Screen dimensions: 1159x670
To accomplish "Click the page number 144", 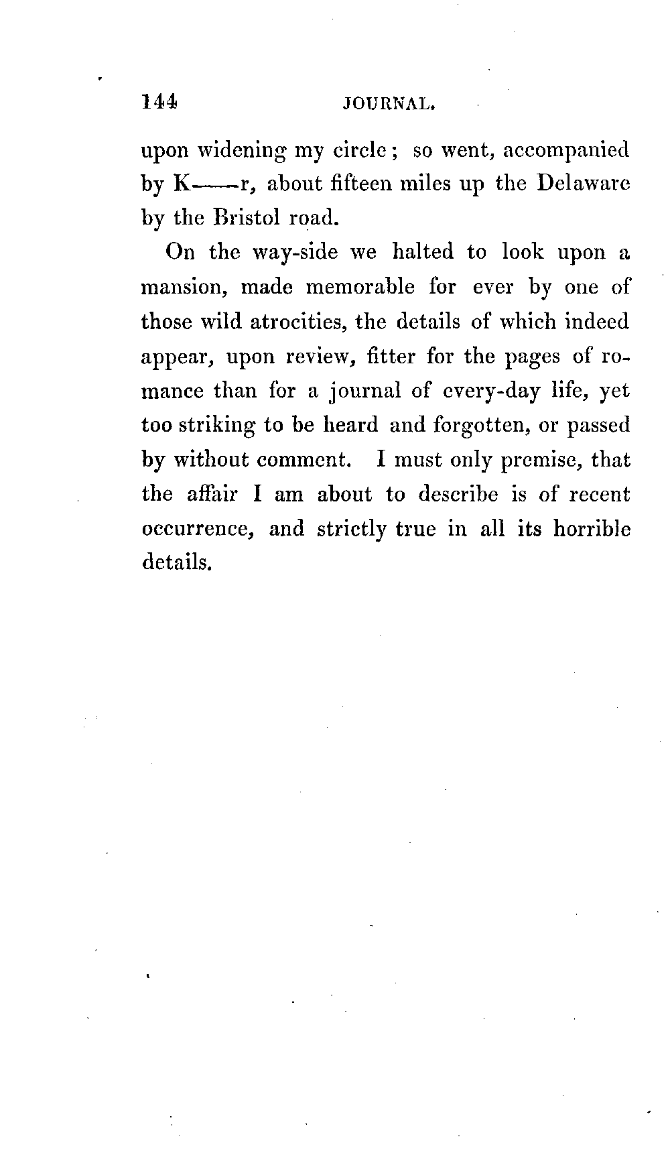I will (159, 102).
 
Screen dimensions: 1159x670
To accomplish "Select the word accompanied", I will (566, 150).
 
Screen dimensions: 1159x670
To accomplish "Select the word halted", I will (423, 253).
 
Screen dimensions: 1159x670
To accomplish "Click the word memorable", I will (360, 288).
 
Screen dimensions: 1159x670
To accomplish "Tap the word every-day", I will (488, 391).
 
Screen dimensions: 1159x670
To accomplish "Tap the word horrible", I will (592, 529).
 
